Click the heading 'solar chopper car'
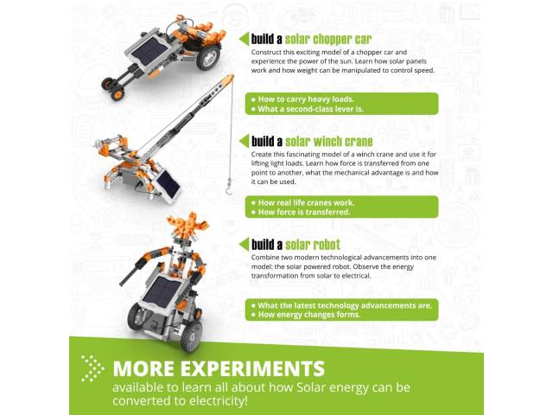click(x=328, y=40)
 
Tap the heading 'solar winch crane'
click(x=329, y=142)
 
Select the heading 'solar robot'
click(x=313, y=245)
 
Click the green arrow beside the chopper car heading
click(x=244, y=39)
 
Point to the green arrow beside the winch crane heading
click(x=244, y=141)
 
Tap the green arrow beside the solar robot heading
click(x=244, y=244)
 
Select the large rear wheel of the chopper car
click(x=208, y=56)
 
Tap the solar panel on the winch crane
click(x=168, y=185)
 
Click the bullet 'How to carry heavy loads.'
click(x=302, y=99)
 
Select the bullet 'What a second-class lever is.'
click(x=308, y=109)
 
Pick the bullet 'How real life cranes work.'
click(x=303, y=202)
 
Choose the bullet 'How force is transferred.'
click(x=301, y=212)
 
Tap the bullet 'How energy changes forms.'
click(x=306, y=315)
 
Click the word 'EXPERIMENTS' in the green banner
click(x=252, y=368)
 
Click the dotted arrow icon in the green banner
click(x=92, y=368)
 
